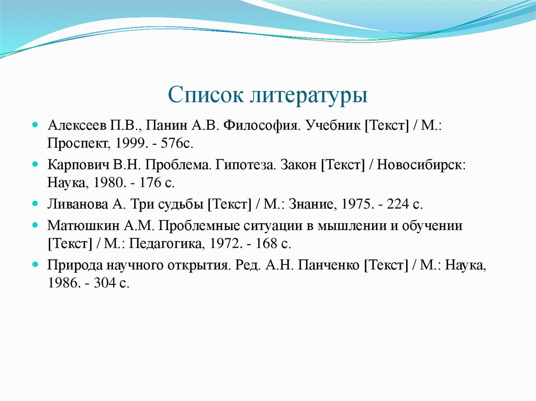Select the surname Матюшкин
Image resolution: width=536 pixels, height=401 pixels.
(x=79, y=225)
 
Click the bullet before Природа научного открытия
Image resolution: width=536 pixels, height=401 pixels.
(x=35, y=265)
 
